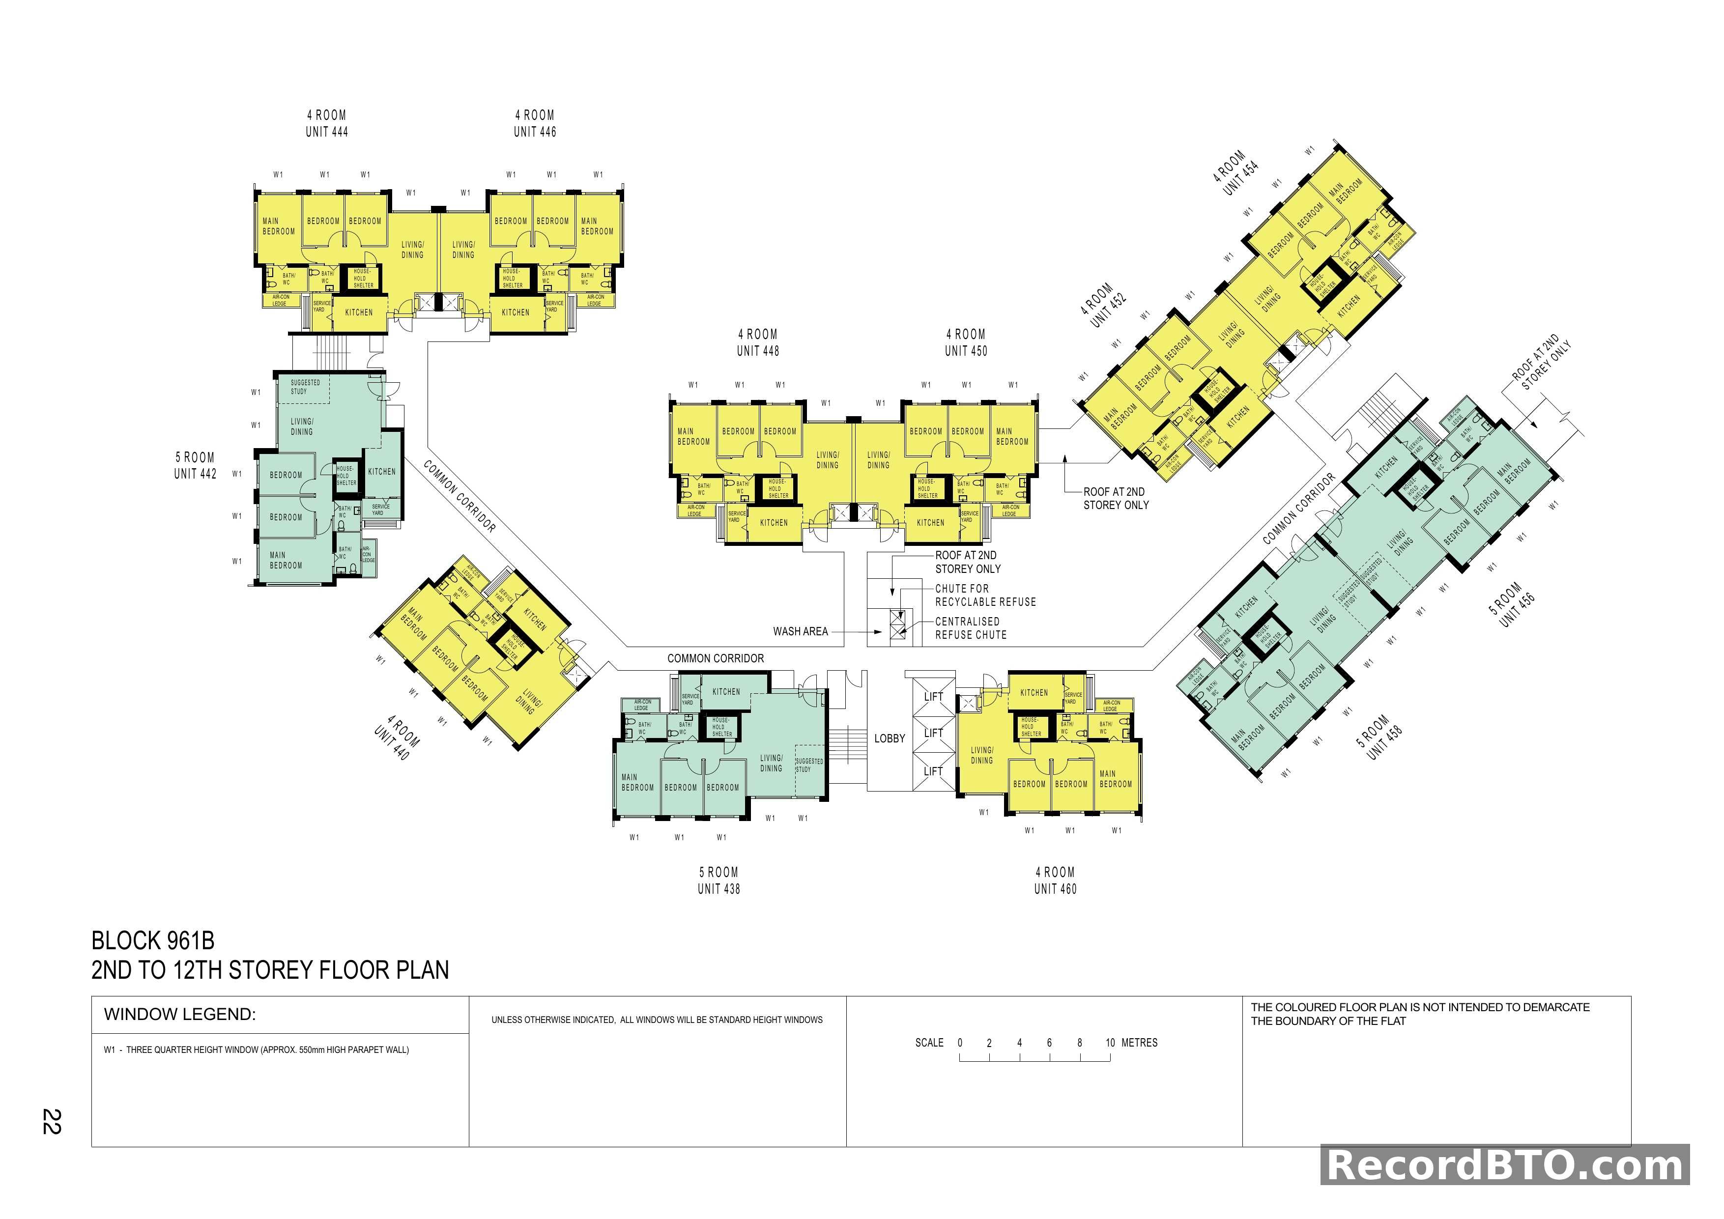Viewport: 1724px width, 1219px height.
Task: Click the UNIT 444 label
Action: pos(327,131)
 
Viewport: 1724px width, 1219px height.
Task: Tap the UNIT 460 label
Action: pos(1055,889)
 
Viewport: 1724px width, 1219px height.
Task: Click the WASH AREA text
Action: pos(801,631)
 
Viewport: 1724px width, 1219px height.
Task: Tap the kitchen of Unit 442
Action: pos(381,471)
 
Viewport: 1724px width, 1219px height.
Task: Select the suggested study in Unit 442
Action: pos(305,387)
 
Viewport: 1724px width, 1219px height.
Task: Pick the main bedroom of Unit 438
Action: pos(637,782)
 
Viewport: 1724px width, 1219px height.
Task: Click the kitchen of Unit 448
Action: pos(774,522)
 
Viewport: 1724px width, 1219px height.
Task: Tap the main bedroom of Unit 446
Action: pos(597,226)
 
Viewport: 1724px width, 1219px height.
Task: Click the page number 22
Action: pos(51,1121)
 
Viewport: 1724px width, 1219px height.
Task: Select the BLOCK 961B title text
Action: pos(153,940)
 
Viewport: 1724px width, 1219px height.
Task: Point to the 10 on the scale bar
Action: pos(1110,1043)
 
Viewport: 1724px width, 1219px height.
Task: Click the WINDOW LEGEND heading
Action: pos(180,1015)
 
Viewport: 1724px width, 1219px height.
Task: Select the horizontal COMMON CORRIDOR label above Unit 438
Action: pos(715,658)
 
